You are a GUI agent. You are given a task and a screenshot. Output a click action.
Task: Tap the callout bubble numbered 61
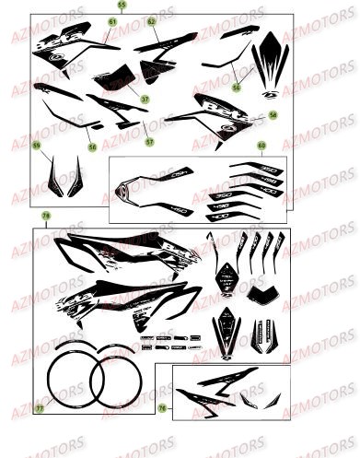coord(112,21)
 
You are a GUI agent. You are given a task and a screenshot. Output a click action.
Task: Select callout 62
coord(152,20)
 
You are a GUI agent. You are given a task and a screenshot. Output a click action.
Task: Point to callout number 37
coord(145,99)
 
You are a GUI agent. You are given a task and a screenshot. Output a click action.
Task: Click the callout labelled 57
coord(149,145)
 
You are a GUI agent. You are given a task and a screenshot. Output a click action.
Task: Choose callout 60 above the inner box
coord(261,146)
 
